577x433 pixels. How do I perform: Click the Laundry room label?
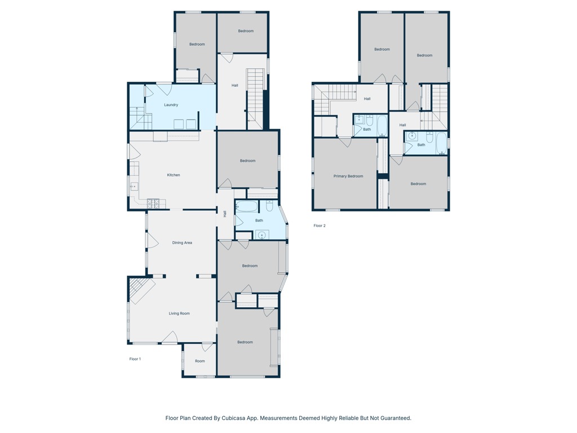coord(171,105)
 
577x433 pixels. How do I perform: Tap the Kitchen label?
coord(174,175)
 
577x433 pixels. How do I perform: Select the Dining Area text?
coord(182,242)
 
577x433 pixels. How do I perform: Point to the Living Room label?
coord(179,313)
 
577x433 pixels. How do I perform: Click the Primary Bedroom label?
coord(348,176)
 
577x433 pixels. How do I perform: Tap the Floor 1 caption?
coord(135,359)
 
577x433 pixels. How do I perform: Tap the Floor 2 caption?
coord(319,226)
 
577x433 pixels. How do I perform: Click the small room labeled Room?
coord(200,361)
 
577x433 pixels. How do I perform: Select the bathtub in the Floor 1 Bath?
coord(247,206)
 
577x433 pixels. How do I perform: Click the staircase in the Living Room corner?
coord(141,290)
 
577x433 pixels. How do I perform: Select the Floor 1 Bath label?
coord(259,220)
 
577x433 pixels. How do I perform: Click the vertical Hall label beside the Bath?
coord(225,214)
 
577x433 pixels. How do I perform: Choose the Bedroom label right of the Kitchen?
coord(248,161)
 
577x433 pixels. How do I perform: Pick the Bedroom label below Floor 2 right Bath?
coord(418,184)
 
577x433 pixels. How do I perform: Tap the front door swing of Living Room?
coord(170,337)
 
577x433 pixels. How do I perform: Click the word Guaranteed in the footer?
coord(395,418)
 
